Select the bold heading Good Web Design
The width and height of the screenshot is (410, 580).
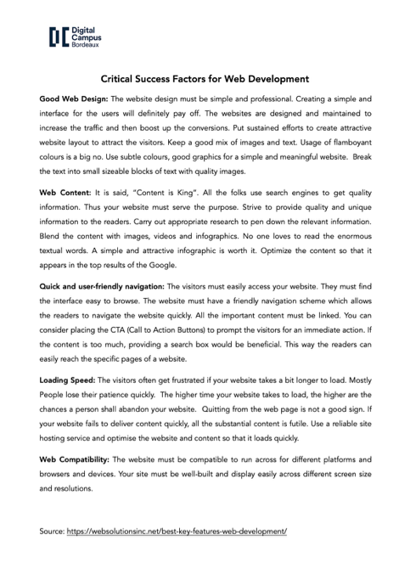tap(76, 99)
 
